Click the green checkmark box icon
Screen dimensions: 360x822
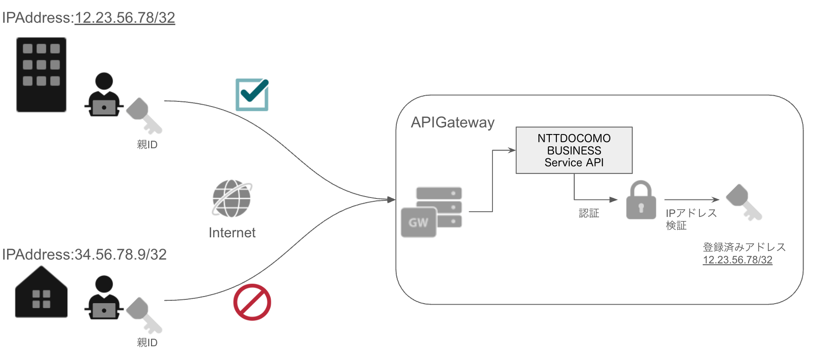click(x=252, y=95)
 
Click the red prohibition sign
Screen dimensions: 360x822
click(x=252, y=302)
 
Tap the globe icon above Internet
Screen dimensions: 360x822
click(x=232, y=198)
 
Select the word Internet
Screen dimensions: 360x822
click(x=232, y=233)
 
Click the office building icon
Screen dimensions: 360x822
click(x=41, y=75)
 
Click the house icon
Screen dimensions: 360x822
click(x=41, y=293)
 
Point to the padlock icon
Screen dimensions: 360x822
click(x=641, y=200)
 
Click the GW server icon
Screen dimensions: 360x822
click(x=431, y=212)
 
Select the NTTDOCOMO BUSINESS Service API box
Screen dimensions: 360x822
click(x=574, y=150)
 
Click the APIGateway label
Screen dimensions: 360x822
click(x=453, y=123)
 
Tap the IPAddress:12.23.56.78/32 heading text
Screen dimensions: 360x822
click(x=89, y=18)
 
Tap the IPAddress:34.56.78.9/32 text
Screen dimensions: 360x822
click(x=84, y=255)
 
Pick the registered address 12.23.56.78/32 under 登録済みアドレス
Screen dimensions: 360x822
click(x=737, y=260)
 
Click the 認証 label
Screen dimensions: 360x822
click(x=589, y=214)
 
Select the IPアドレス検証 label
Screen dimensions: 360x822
click(x=690, y=219)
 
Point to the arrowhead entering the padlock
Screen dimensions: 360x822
click(x=614, y=200)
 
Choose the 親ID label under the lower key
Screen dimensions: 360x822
click(x=147, y=342)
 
